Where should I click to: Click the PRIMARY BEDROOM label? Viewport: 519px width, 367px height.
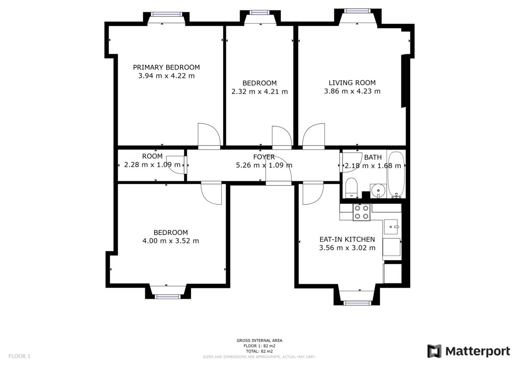tap(166, 67)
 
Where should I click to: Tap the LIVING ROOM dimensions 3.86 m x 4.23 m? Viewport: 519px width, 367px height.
tap(352, 91)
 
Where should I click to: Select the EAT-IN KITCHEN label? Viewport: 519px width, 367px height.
tap(347, 239)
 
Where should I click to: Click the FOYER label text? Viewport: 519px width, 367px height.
tap(264, 156)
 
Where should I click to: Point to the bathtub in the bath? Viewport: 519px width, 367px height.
tap(396, 174)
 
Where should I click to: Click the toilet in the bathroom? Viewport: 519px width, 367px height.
tap(351, 187)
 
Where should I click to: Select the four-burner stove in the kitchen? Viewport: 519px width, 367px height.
tap(361, 212)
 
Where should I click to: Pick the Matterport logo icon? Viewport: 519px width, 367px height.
tap(434, 351)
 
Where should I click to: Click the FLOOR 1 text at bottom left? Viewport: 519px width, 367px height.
tap(19, 357)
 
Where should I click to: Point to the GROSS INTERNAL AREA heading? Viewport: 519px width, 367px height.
tap(259, 341)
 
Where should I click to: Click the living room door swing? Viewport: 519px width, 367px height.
tap(314, 135)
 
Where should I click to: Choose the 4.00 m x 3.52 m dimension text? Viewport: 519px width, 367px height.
tap(170, 241)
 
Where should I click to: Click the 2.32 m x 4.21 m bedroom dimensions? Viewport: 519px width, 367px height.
tap(259, 92)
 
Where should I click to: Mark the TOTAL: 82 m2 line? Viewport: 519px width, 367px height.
tap(259, 351)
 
